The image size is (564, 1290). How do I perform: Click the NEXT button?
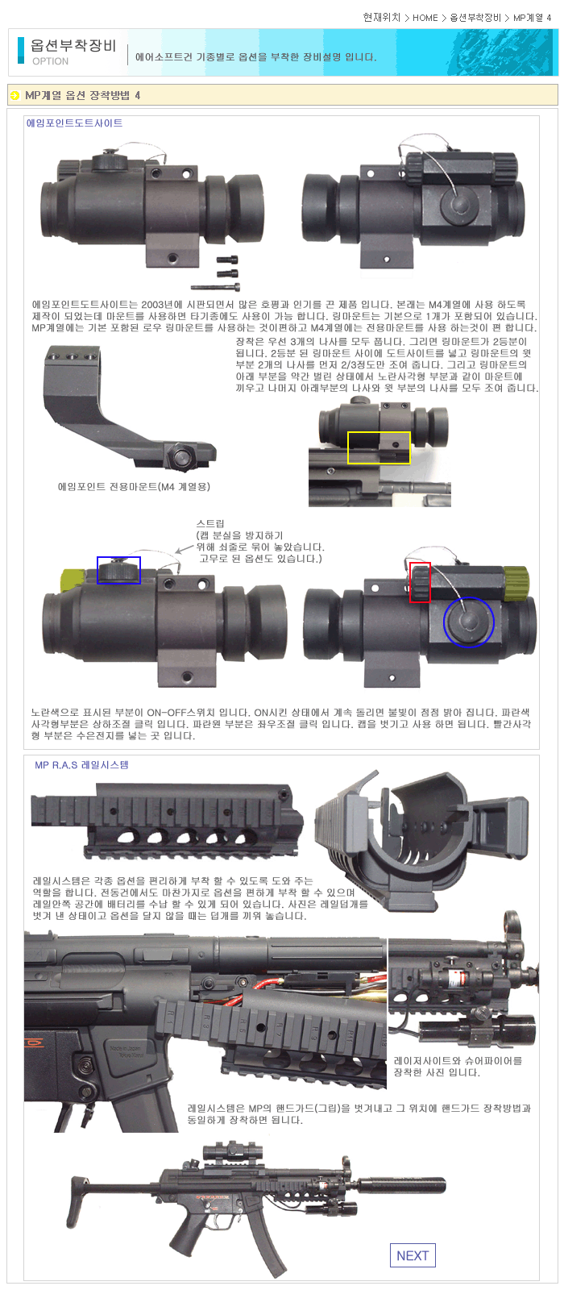pyautogui.click(x=413, y=1255)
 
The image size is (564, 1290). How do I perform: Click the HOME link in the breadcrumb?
pyautogui.click(x=425, y=18)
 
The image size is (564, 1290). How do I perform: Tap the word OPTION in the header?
pyautogui.click(x=50, y=61)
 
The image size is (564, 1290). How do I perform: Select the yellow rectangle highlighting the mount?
pyautogui.click(x=379, y=447)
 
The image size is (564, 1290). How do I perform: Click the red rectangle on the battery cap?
pyautogui.click(x=420, y=582)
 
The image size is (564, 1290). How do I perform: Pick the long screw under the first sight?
pyautogui.click(x=215, y=286)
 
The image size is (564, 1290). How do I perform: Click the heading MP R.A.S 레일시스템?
pyautogui.click(x=81, y=765)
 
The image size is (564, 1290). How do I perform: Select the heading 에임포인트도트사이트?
pyautogui.click(x=74, y=123)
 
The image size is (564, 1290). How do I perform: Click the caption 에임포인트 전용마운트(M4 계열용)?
pyautogui.click(x=134, y=487)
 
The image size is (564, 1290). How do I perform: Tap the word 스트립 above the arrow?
pyautogui.click(x=210, y=523)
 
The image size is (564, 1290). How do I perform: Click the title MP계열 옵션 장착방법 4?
pyautogui.click(x=82, y=95)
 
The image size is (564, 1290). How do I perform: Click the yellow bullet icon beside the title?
pyautogui.click(x=15, y=95)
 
